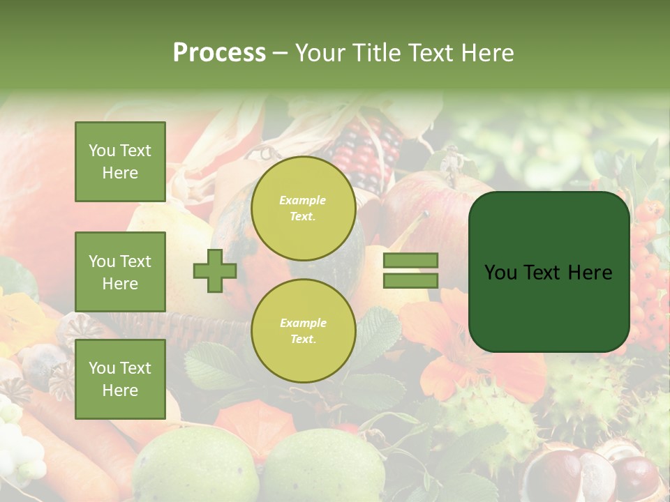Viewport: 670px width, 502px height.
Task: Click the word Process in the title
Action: (219, 52)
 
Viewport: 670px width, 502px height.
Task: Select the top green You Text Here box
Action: (120, 162)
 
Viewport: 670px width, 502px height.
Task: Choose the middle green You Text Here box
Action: (120, 272)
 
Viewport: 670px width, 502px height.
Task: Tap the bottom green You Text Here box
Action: (120, 379)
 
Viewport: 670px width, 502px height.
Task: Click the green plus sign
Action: (215, 271)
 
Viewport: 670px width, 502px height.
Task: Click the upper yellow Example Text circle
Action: (303, 208)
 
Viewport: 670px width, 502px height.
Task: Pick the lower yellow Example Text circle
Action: (303, 330)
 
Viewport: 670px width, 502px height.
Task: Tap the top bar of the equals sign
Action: (410, 260)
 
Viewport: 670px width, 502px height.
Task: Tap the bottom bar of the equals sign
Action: (410, 280)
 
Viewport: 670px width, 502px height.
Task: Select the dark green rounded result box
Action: (549, 272)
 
